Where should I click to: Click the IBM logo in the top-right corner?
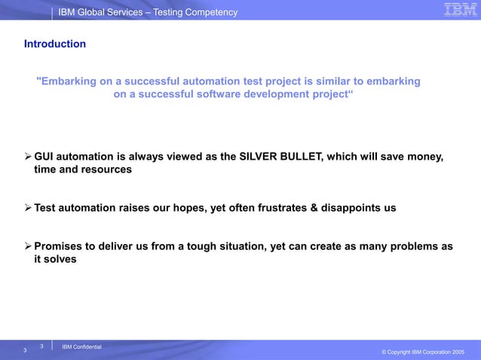pos(458,10)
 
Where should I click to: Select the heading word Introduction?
pos(55,44)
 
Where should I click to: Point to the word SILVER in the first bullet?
pos(261,157)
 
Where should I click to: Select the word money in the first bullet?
pos(424,157)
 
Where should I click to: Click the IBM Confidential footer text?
pos(81,346)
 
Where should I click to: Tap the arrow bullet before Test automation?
pos(29,208)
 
